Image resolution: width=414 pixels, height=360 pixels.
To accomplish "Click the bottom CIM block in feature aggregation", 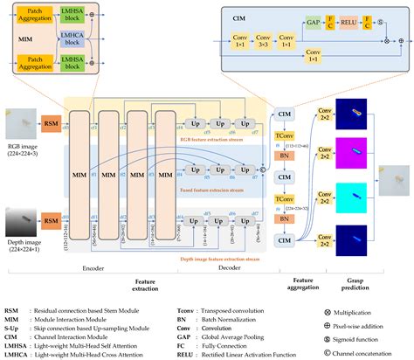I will tap(285, 215).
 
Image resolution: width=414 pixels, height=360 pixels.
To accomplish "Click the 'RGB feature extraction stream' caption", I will tap(210, 137).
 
